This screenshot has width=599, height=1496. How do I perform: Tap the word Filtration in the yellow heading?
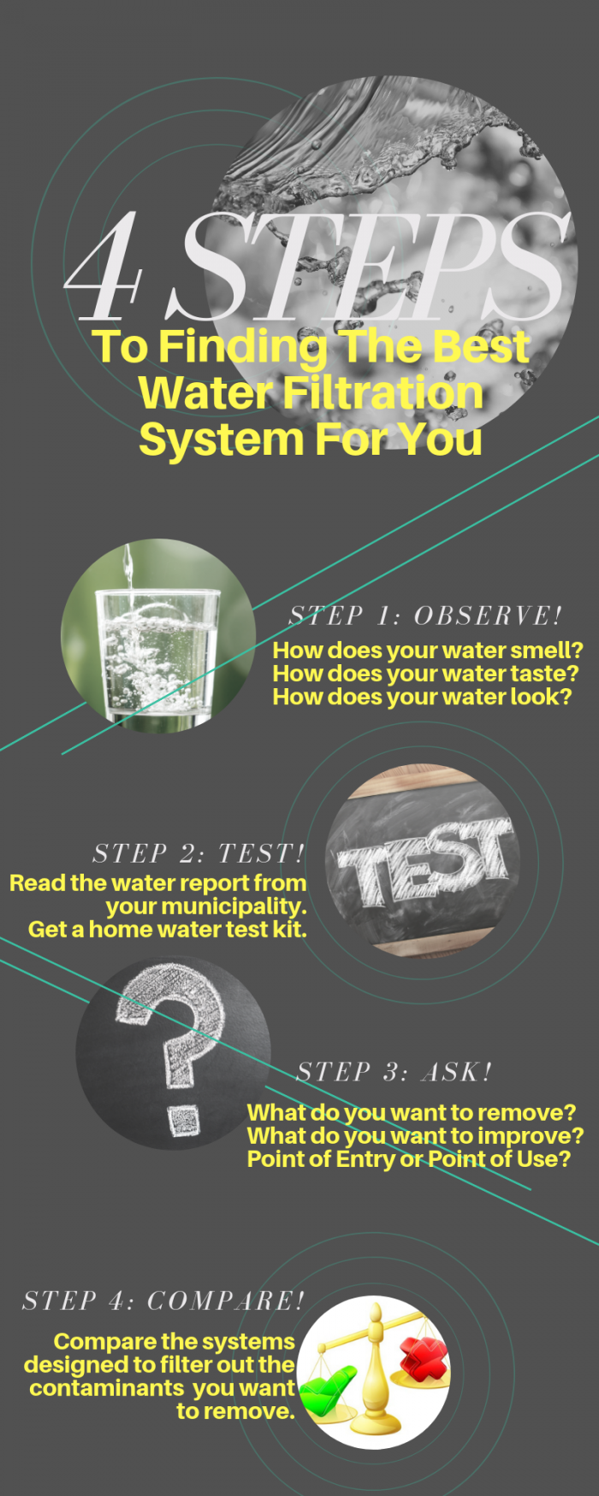[383, 392]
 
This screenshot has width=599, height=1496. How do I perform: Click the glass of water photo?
[157, 636]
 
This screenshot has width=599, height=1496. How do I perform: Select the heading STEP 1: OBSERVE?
[425, 615]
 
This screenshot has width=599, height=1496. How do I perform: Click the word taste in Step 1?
[543, 674]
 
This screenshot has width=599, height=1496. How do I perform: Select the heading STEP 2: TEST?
[199, 853]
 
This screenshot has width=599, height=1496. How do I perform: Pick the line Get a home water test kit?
[168, 929]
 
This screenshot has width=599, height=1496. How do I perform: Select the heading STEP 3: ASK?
[394, 1072]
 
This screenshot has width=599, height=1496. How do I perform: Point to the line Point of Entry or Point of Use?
[408, 1159]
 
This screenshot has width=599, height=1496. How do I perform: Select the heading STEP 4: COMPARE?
[163, 1301]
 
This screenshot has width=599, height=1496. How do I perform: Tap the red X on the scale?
[424, 1357]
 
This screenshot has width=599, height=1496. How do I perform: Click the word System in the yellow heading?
[221, 439]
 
